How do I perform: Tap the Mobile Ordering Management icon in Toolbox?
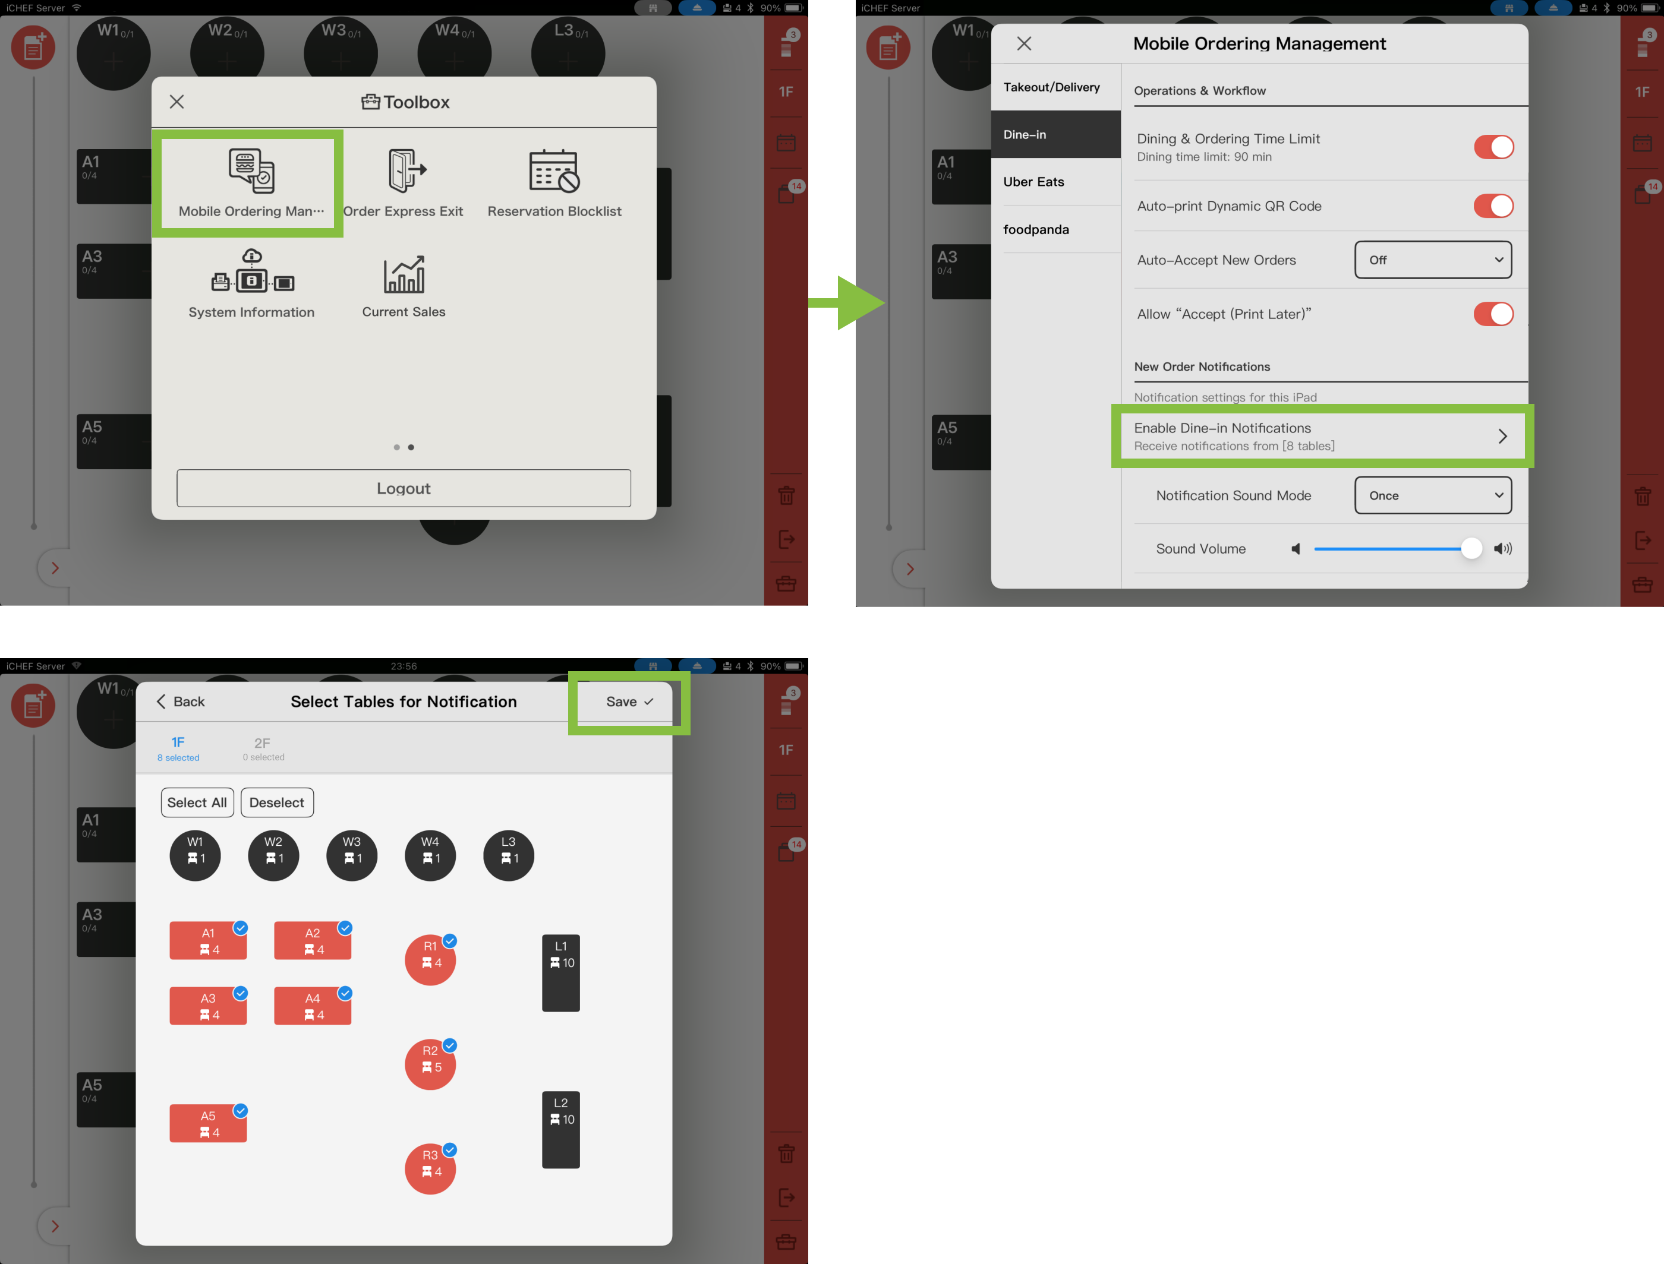[x=251, y=171]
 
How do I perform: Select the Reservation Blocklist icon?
[x=554, y=171]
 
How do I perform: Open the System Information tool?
[x=252, y=270]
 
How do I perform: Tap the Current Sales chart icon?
[x=404, y=274]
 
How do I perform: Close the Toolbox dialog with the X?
[x=177, y=102]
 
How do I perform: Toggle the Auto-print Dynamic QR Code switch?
[x=1493, y=206]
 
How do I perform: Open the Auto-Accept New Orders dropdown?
[x=1433, y=260]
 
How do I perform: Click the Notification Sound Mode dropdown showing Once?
[x=1433, y=495]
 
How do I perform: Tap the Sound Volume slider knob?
[x=1471, y=548]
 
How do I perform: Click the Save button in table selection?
[x=629, y=701]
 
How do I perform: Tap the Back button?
[x=181, y=701]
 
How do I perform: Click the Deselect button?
[x=277, y=802]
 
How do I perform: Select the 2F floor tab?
[x=263, y=748]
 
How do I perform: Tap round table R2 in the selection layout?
[x=430, y=1064]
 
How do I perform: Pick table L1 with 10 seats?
[x=560, y=973]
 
